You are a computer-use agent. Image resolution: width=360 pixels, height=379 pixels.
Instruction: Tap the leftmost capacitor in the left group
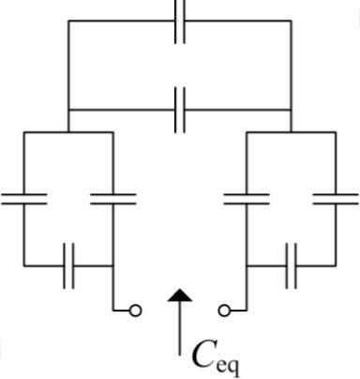[x=23, y=199]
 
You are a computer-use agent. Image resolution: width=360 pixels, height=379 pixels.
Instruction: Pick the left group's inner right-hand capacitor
[x=113, y=199]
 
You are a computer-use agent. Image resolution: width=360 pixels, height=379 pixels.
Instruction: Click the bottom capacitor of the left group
[x=68, y=266]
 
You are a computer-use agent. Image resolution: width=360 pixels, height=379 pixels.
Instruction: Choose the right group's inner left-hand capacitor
[x=246, y=199]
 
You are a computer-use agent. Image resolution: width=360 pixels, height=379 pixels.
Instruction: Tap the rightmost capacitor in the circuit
[x=336, y=199]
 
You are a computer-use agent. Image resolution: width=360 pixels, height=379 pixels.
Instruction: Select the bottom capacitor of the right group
[x=292, y=266]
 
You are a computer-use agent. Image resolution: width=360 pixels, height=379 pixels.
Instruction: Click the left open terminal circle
[x=136, y=311]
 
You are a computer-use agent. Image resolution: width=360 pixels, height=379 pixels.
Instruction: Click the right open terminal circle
[x=224, y=311]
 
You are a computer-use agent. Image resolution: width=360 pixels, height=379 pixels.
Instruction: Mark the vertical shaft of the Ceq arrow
[x=180, y=333]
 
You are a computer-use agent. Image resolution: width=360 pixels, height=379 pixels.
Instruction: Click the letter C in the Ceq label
[x=202, y=355]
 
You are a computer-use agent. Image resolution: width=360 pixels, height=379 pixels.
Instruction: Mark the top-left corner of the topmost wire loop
[x=68, y=21]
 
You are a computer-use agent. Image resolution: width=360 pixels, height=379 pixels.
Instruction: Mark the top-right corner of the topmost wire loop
[x=292, y=21]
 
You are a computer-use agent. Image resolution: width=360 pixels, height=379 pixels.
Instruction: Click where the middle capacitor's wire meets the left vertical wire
[x=68, y=110]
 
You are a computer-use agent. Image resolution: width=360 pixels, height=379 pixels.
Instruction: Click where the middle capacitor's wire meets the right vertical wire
[x=292, y=110]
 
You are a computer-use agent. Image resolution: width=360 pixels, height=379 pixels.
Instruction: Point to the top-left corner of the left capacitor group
[x=23, y=132]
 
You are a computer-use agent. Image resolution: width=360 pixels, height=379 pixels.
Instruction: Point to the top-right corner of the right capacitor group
[x=336, y=132]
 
